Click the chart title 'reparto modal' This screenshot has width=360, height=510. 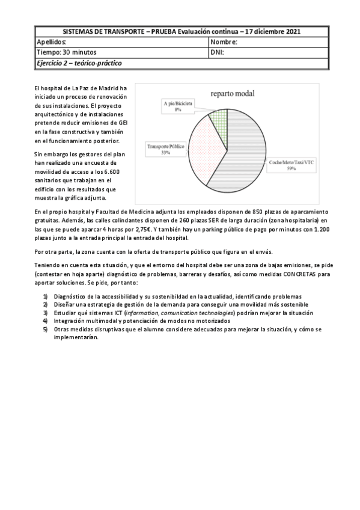(232, 94)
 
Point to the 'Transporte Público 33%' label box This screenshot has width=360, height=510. (165, 149)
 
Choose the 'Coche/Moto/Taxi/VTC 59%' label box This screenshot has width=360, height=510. (291, 165)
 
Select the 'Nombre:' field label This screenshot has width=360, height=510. (225, 42)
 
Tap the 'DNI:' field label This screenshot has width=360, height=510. (218, 52)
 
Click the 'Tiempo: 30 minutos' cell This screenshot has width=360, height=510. (63, 52)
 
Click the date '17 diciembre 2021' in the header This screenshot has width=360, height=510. (274, 31)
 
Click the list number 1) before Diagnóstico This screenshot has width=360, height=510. (46, 296)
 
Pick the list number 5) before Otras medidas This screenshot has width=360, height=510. (46, 330)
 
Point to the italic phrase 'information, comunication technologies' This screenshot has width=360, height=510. (182, 313)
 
